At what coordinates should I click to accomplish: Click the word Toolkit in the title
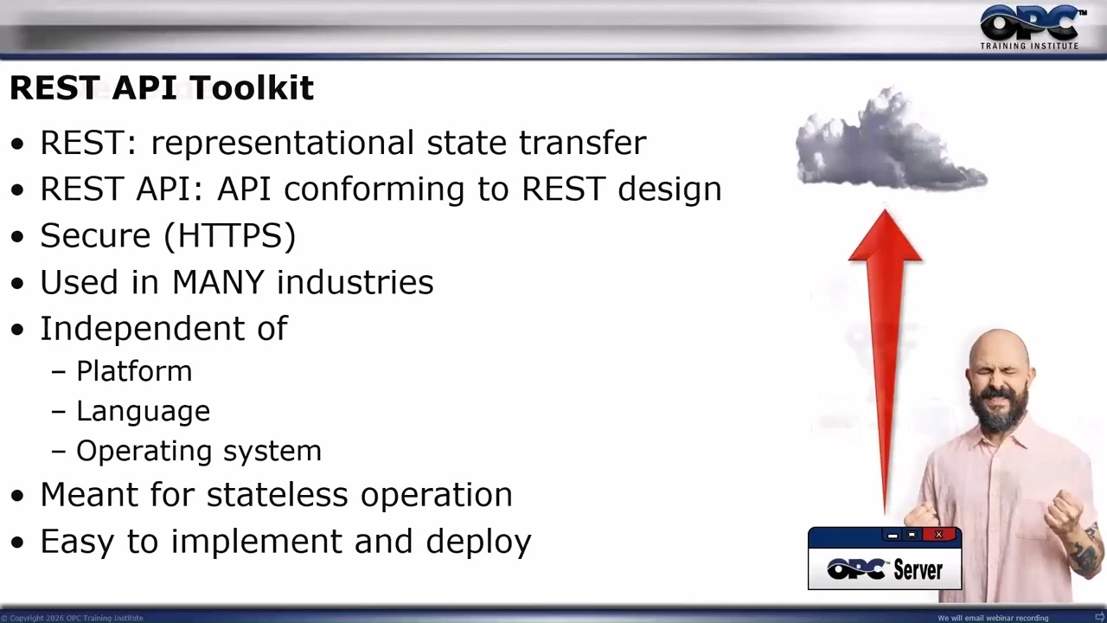click(x=252, y=87)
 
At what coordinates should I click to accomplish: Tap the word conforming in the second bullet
click(x=374, y=189)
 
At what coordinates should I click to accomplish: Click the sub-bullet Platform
click(x=134, y=372)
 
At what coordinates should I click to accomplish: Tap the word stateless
click(x=278, y=494)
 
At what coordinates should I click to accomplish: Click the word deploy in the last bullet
click(x=478, y=543)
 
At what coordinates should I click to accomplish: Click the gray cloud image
click(x=891, y=141)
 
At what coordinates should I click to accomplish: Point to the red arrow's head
click(x=885, y=235)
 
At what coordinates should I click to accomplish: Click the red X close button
click(x=939, y=535)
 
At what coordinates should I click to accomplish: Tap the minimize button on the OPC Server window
click(x=893, y=535)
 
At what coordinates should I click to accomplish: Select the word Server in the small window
click(x=918, y=570)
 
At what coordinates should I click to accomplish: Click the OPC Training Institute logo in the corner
click(x=1031, y=27)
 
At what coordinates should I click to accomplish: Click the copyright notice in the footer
click(x=72, y=618)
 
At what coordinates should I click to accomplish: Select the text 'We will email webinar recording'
click(x=993, y=618)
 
